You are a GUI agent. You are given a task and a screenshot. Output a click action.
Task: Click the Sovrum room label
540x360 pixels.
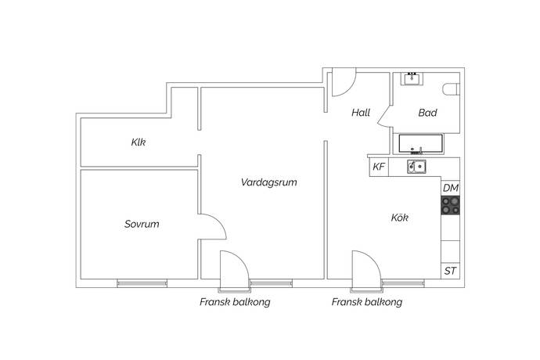(x=142, y=224)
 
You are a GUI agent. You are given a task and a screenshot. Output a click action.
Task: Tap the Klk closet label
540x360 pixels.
(x=138, y=142)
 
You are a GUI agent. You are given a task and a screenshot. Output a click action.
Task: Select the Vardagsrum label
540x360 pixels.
(x=268, y=182)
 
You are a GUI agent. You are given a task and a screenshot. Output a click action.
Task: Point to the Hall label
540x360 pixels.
(x=361, y=113)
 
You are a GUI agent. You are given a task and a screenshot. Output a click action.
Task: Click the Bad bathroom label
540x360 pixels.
(x=427, y=113)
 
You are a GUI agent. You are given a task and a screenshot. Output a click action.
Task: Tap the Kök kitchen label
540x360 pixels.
(x=399, y=218)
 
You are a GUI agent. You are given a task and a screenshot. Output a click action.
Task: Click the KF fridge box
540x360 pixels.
(x=379, y=167)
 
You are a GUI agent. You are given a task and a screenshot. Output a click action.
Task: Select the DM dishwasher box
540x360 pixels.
(x=451, y=188)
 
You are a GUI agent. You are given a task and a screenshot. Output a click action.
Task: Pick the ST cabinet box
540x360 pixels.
(x=451, y=271)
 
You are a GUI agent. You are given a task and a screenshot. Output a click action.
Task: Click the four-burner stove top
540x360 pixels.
(x=451, y=205)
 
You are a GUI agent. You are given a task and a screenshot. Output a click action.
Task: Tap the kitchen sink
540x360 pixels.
(x=416, y=167)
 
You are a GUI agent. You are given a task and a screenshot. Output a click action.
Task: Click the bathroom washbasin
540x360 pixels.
(x=412, y=79)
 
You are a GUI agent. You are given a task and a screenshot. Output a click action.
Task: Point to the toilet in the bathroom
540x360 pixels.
(x=452, y=89)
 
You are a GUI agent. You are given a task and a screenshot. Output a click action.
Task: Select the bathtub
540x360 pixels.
(x=421, y=144)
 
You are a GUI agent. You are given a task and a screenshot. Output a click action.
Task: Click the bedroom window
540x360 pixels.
(x=142, y=283)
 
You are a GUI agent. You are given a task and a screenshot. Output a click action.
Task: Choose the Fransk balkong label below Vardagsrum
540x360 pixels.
(x=235, y=302)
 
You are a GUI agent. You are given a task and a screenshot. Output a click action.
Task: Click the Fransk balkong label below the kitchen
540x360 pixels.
(x=367, y=302)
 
